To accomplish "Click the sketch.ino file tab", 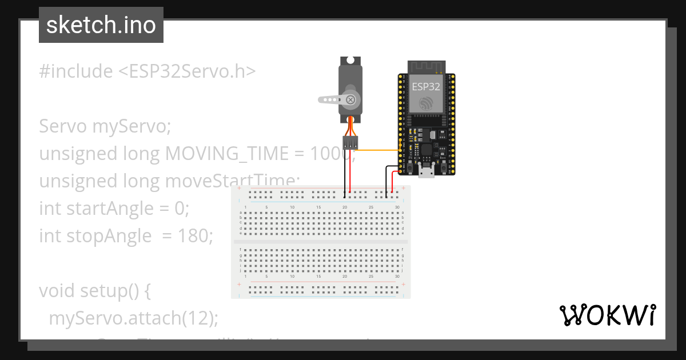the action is point(101,25).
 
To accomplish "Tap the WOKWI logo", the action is point(607,315).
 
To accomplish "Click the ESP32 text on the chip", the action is point(426,87).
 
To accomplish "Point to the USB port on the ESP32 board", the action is point(426,171).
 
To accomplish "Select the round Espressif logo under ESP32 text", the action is point(426,103).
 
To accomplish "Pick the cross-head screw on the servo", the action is point(350,100).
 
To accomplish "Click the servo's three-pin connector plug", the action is point(350,142).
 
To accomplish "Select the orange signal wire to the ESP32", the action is point(377,150).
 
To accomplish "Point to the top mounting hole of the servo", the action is point(350,59).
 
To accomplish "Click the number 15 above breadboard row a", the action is point(318,207).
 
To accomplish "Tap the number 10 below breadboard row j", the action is point(292,276).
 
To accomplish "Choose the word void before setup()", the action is point(55,290).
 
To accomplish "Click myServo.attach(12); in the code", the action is point(133,318).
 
